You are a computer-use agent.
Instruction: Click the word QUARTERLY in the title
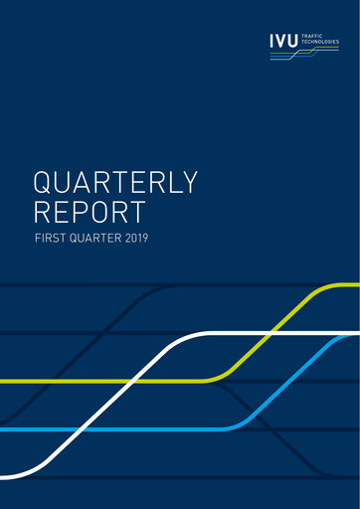[x=116, y=183]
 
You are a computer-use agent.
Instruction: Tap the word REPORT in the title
[x=90, y=212]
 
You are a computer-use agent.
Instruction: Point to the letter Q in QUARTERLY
[x=44, y=183]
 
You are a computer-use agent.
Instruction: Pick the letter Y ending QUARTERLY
[x=190, y=183]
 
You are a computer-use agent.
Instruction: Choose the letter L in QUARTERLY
[x=170, y=183]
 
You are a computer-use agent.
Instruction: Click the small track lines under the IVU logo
[x=298, y=56]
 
